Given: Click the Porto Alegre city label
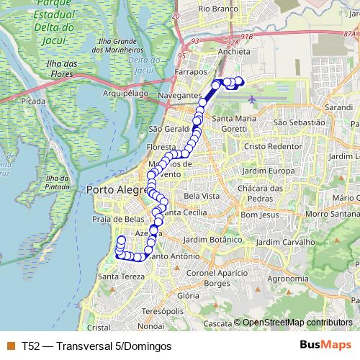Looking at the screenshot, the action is click(x=112, y=190).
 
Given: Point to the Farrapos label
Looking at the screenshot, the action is click(x=190, y=73).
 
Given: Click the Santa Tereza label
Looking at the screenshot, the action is click(x=117, y=277).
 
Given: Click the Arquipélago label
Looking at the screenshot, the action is click(x=125, y=93).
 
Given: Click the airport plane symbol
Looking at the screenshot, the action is click(x=251, y=99).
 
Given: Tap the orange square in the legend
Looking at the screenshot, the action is click(x=10, y=346).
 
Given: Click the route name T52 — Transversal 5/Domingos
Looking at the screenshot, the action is click(x=96, y=346).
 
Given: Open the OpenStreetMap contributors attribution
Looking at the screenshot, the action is click(x=297, y=323).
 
